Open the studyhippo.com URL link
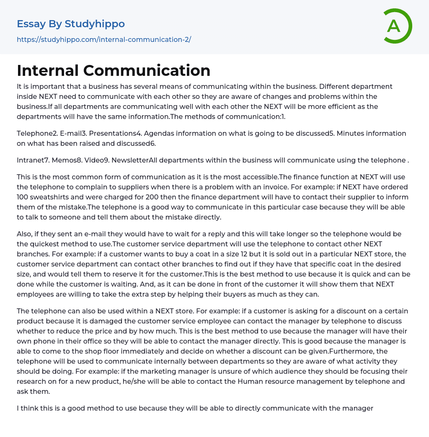pos(104,40)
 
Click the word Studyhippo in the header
pos(95,24)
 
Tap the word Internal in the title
pos(48,70)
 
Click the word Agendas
pos(174,133)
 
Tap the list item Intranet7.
pos(32,160)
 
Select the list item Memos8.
pos(66,160)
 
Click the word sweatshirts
pos(53,197)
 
